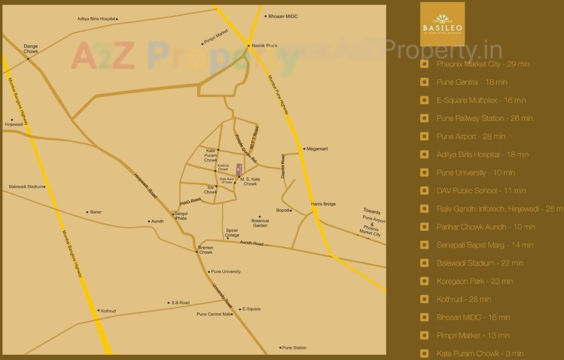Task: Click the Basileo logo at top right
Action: pos(442,24)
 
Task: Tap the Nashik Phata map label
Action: pos(265,46)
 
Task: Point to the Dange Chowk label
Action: pos(31,49)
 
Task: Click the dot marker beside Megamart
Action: pos(304,149)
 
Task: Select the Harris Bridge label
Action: pos(323,204)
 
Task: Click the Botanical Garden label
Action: pos(260,223)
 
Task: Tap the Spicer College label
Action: pos(232,233)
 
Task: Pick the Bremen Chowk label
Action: pos(206,250)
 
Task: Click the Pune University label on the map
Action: pos(226,272)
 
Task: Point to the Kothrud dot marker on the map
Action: pos(98,311)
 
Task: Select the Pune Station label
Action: pos(294,348)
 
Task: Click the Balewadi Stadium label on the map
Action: pos(26,187)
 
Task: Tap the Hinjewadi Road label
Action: pos(146,185)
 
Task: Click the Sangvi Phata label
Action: pos(180,216)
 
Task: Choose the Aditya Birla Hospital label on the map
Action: pos(96,19)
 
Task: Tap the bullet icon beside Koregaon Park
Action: pos(424,281)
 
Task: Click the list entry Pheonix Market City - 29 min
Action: pos(483,64)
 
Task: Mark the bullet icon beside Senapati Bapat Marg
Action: pos(424,245)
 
